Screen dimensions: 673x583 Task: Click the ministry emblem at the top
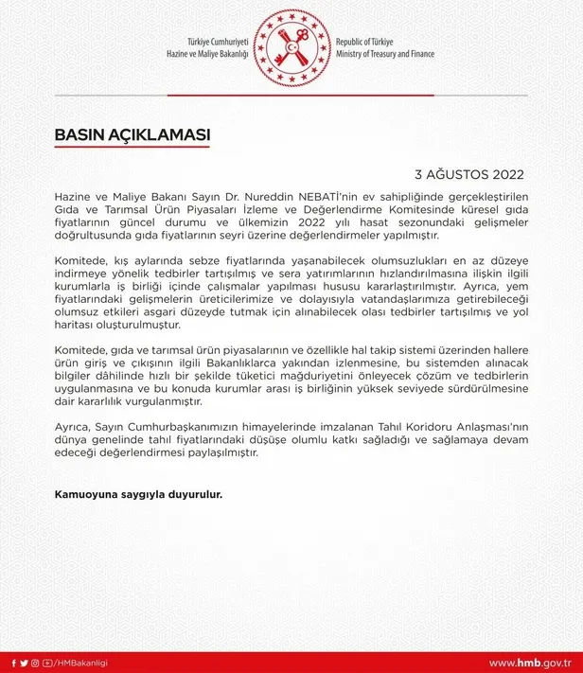(291, 48)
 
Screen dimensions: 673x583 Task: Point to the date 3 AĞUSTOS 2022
(469, 175)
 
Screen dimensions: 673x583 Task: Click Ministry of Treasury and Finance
(385, 55)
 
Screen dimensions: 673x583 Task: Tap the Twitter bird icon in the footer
(25, 662)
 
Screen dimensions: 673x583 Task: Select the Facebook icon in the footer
(13, 662)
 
